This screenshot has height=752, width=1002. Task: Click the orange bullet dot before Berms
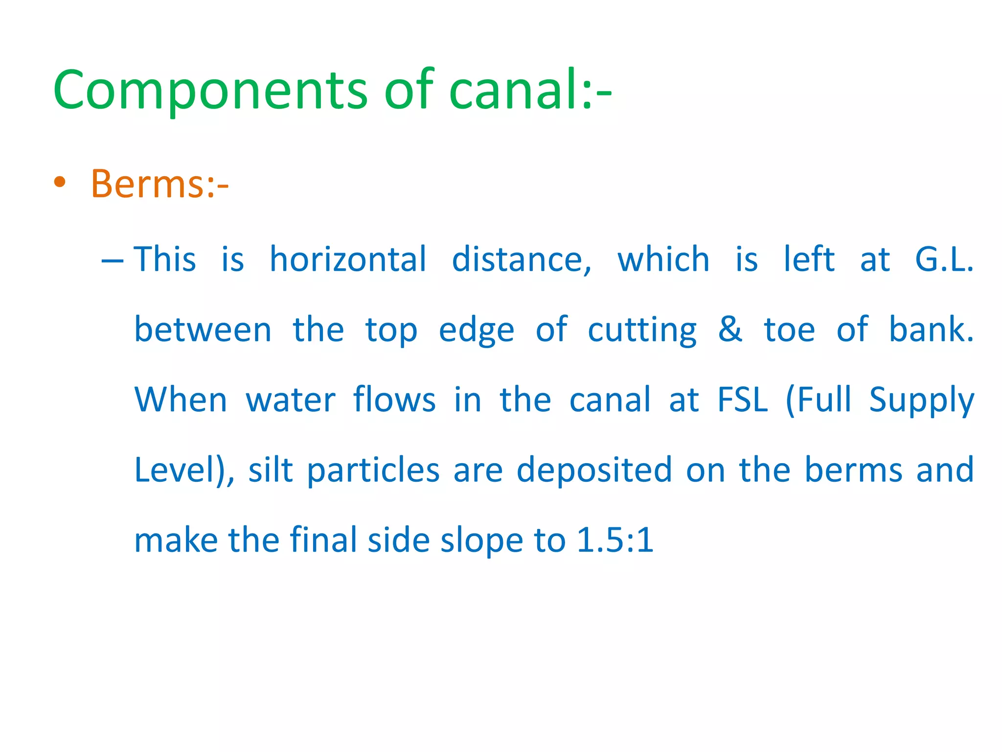tap(60, 183)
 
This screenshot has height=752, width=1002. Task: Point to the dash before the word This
tap(112, 260)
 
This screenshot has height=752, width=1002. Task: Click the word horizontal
tap(348, 259)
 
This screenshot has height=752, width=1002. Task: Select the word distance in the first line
tap(521, 259)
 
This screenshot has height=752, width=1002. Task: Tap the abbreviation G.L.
tap(944, 259)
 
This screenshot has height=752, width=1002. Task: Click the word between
tap(203, 329)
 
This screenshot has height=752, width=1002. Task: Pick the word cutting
tap(642, 330)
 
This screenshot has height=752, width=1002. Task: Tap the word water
tap(291, 400)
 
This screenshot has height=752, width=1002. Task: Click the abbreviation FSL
tap(743, 400)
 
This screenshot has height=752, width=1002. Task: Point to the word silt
tap(271, 470)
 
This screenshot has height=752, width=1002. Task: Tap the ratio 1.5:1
tap(615, 540)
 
